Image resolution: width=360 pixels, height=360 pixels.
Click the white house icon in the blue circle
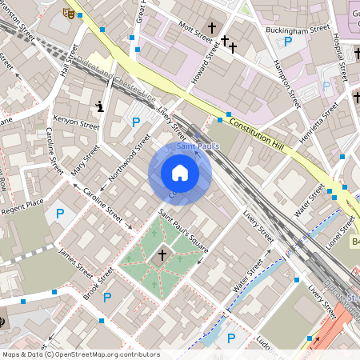pyautogui.click(x=180, y=173)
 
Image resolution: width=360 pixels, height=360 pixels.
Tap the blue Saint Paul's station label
pyautogui.click(x=198, y=146)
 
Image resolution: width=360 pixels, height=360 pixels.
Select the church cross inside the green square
pyautogui.click(x=162, y=254)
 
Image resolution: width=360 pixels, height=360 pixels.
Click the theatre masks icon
pyautogui.click(x=69, y=13)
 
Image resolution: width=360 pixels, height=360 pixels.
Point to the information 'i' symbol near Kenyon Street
pyautogui.click(x=99, y=105)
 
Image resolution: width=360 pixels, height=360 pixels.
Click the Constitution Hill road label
pyautogui.click(x=257, y=129)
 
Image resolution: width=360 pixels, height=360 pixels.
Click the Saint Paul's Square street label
pyautogui.click(x=183, y=231)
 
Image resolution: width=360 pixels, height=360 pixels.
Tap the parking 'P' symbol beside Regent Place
pyautogui.click(x=59, y=214)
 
